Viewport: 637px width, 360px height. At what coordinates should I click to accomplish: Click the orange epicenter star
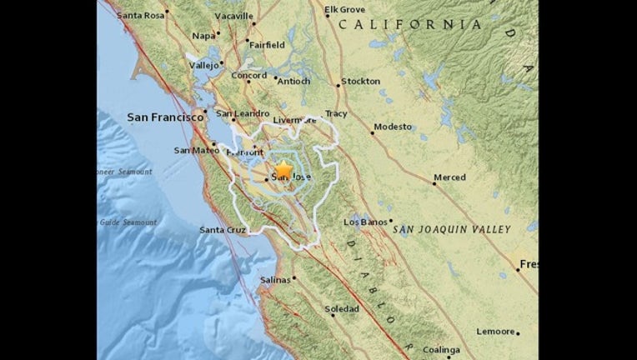(x=284, y=168)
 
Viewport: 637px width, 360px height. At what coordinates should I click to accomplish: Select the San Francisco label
(x=165, y=118)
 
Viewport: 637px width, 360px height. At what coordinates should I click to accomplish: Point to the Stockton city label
(x=361, y=82)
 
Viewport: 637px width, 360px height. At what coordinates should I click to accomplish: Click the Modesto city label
(x=393, y=127)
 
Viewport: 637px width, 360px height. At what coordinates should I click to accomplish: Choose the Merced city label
(x=449, y=177)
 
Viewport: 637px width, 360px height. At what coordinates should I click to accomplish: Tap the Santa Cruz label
(x=223, y=230)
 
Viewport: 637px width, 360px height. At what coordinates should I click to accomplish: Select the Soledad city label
(x=341, y=309)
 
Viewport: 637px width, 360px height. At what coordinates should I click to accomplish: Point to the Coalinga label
(x=440, y=350)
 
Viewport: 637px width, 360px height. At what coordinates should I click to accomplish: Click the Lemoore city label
(x=495, y=332)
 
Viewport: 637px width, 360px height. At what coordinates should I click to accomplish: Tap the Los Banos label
(x=364, y=222)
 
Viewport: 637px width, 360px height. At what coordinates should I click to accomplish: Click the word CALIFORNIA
(x=409, y=25)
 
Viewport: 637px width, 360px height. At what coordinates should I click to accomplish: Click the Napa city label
(x=203, y=36)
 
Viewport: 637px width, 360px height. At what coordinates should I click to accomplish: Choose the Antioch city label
(x=293, y=82)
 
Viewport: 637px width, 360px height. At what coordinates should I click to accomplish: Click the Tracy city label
(x=335, y=113)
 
